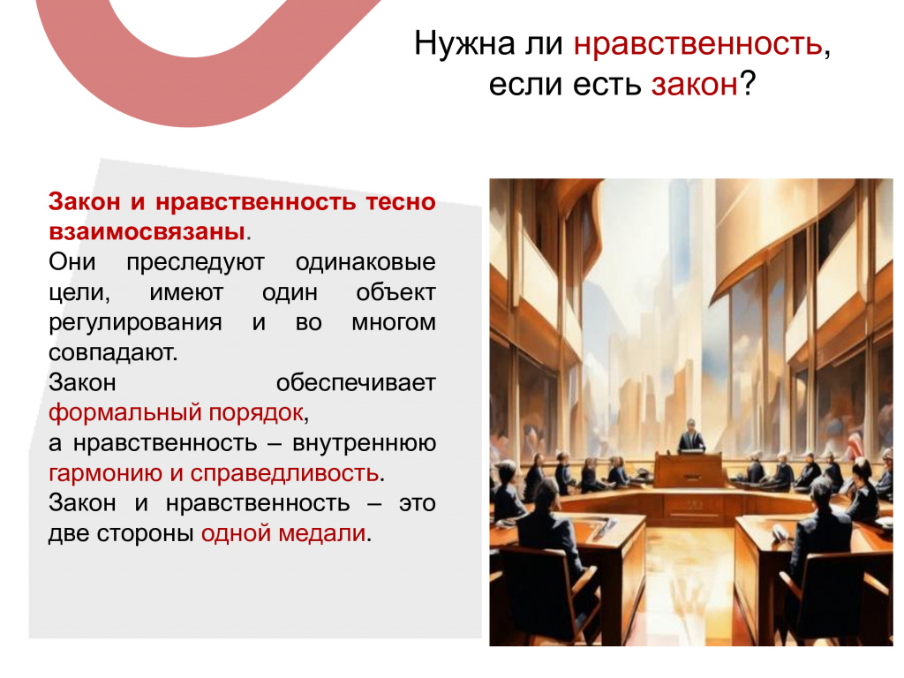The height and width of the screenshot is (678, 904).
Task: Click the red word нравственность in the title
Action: (x=698, y=44)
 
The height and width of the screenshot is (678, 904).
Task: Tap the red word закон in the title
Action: (x=695, y=85)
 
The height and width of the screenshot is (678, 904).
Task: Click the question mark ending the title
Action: (x=747, y=84)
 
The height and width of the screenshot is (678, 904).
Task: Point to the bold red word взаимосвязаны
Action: (x=147, y=232)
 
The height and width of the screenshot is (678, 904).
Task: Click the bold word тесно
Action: (x=400, y=202)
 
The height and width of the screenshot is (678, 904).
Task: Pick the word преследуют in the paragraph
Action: (x=195, y=262)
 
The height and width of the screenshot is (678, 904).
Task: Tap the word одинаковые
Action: (x=365, y=262)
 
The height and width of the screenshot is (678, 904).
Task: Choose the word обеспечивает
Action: (x=356, y=383)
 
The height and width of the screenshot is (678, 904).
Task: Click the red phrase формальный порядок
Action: (x=176, y=413)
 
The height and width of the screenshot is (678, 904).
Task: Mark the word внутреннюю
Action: (x=365, y=443)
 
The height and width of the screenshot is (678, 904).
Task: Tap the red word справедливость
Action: (x=285, y=473)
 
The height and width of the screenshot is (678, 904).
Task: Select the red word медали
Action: (x=322, y=533)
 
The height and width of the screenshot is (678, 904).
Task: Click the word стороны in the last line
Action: (x=145, y=533)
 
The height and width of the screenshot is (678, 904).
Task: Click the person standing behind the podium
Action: (x=690, y=436)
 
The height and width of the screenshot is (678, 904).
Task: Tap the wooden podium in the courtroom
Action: (x=689, y=471)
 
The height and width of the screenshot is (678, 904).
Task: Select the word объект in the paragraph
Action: (x=395, y=292)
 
